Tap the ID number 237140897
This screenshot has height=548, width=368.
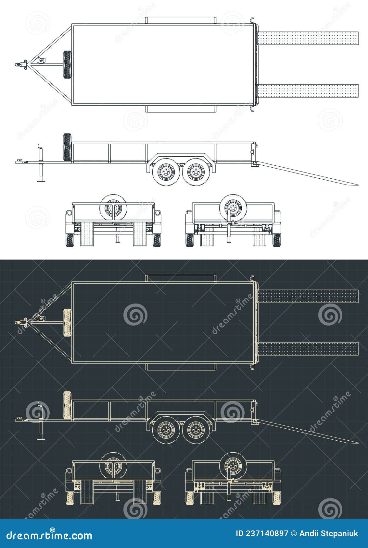pyautogui.click(x=262, y=533)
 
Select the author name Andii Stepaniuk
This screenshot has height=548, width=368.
pyautogui.click(x=329, y=533)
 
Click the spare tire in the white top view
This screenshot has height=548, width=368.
pyautogui.click(x=67, y=65)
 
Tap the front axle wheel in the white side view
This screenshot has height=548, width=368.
pyautogui.click(x=166, y=172)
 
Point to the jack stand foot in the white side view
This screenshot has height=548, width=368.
pyautogui.click(x=41, y=181)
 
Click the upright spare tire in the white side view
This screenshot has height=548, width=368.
pyautogui.click(x=67, y=148)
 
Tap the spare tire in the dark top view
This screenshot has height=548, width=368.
pyautogui.click(x=67, y=322)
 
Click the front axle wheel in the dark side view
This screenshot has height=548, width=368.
pyautogui.click(x=166, y=430)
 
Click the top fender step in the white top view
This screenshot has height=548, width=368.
pyautogui.click(x=180, y=20)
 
